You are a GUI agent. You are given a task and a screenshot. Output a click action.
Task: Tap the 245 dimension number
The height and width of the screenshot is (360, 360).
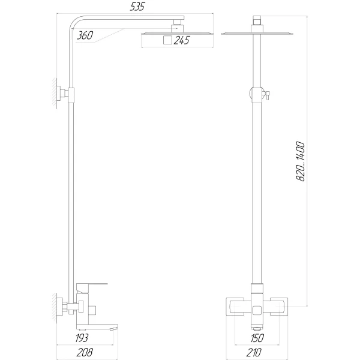(182, 41)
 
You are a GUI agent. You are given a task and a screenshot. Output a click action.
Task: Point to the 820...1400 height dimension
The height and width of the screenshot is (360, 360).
(301, 163)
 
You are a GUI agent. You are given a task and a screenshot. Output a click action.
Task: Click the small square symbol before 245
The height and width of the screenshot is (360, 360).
(167, 41)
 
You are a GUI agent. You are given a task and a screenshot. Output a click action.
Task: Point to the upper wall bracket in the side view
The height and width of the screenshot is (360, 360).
(64, 94)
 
